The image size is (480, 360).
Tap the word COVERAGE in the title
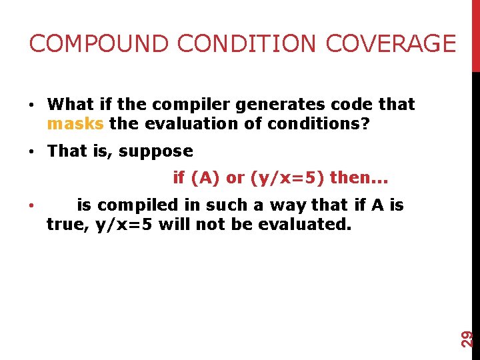click(391, 44)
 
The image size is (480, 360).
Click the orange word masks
click(75, 124)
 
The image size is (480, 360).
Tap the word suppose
click(156, 151)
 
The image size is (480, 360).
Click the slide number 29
click(468, 338)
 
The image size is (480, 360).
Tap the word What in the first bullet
click(71, 105)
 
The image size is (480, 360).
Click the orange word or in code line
click(235, 178)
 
